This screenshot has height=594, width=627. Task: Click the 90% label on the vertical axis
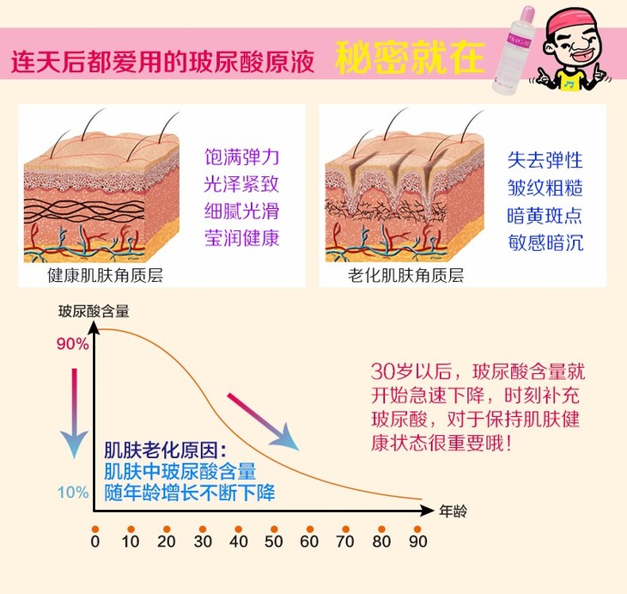click(x=72, y=344)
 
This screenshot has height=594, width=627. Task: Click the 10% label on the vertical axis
click(x=72, y=493)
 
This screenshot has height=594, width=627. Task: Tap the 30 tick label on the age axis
click(x=203, y=542)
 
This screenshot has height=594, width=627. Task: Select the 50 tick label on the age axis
click(x=274, y=542)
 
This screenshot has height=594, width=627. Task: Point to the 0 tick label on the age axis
click(x=95, y=542)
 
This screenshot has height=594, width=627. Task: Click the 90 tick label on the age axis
click(x=417, y=542)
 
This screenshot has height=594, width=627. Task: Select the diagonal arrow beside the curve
click(x=262, y=421)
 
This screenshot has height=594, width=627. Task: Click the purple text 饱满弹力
click(x=241, y=159)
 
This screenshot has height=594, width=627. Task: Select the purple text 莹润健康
click(x=241, y=238)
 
